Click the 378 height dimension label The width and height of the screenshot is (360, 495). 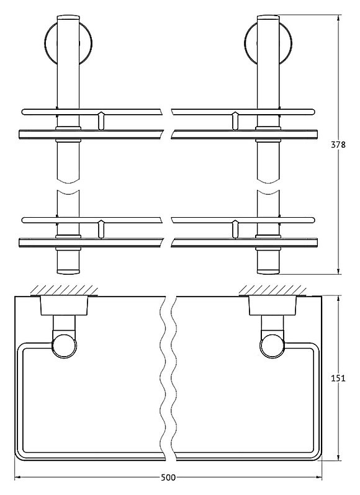(x=338, y=145)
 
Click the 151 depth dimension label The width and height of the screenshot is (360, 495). (x=338, y=378)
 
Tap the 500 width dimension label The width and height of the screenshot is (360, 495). (x=168, y=478)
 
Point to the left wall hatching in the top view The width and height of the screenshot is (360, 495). (x=64, y=290)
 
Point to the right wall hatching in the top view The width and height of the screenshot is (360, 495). (x=272, y=290)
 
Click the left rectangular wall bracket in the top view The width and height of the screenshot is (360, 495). (x=65, y=305)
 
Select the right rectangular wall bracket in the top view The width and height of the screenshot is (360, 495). (x=272, y=305)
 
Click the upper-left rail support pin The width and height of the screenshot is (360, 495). (x=101, y=120)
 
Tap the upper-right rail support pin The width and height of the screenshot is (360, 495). (x=235, y=120)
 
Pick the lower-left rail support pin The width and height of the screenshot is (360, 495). (x=101, y=229)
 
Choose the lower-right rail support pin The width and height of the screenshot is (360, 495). (x=235, y=229)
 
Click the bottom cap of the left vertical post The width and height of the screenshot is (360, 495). (x=68, y=270)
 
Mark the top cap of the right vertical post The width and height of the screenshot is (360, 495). (x=268, y=18)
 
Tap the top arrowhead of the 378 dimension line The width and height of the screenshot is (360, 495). (x=338, y=18)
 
